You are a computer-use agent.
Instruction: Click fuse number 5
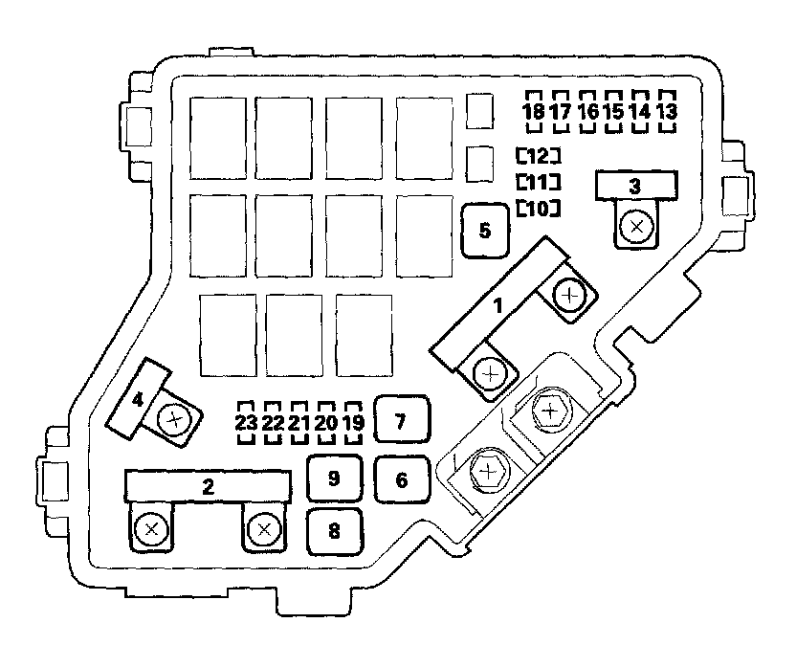pyautogui.click(x=485, y=232)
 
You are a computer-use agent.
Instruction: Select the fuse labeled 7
pyautogui.click(x=401, y=419)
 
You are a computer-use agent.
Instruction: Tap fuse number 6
pyautogui.click(x=401, y=479)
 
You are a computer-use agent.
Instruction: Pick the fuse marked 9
pyautogui.click(x=334, y=478)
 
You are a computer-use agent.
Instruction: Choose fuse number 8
pyautogui.click(x=334, y=531)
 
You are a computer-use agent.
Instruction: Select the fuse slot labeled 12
pyautogui.click(x=537, y=155)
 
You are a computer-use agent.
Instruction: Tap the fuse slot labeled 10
pyautogui.click(x=537, y=208)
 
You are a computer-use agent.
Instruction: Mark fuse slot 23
pyautogui.click(x=247, y=422)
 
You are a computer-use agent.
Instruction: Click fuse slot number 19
pyautogui.click(x=353, y=422)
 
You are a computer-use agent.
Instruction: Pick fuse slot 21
pyautogui.click(x=299, y=422)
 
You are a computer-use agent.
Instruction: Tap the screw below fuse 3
pyautogui.click(x=634, y=227)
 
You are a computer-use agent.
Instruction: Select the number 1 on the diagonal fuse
pyautogui.click(x=497, y=305)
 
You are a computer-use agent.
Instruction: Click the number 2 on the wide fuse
pyautogui.click(x=208, y=485)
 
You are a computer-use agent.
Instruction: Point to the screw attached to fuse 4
pyautogui.click(x=174, y=418)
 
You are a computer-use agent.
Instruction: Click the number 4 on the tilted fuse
pyautogui.click(x=139, y=399)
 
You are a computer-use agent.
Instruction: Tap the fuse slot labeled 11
pyautogui.click(x=537, y=182)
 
